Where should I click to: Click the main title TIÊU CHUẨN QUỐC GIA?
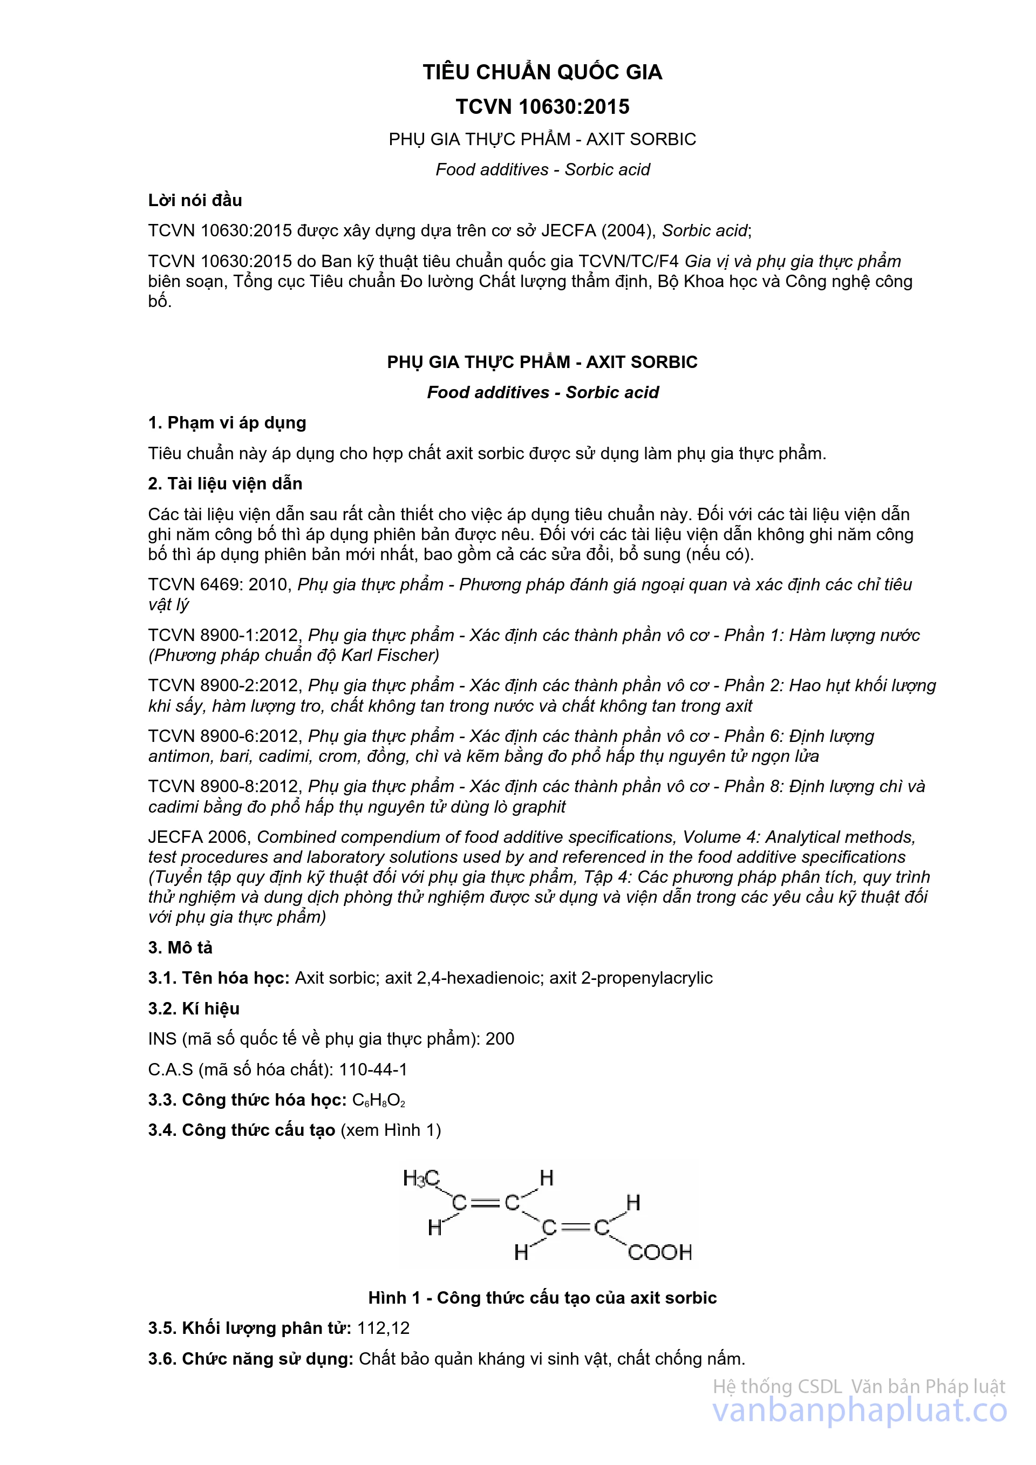click(x=542, y=72)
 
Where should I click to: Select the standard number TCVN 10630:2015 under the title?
click(x=542, y=106)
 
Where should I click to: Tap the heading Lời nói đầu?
click(x=195, y=200)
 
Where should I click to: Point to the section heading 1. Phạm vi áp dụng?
click(x=227, y=423)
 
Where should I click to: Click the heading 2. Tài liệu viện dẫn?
click(x=225, y=483)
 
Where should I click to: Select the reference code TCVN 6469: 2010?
click(x=220, y=585)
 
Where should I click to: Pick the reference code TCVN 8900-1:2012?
click(x=224, y=636)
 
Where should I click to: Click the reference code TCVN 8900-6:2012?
click(x=224, y=737)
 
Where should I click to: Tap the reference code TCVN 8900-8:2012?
click(x=224, y=787)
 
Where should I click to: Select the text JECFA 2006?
click(x=200, y=837)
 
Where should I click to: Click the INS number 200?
click(x=500, y=1039)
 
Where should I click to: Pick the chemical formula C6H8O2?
click(x=379, y=1101)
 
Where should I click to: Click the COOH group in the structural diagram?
click(x=659, y=1252)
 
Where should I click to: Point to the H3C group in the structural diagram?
click(x=421, y=1178)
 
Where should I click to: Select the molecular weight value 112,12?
click(x=384, y=1328)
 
